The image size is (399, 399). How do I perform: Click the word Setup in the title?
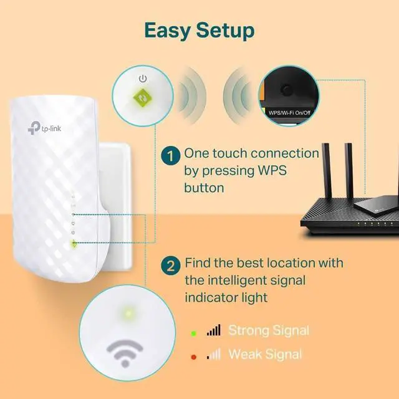tap(225, 29)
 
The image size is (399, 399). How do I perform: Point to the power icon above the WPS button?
tap(143, 79)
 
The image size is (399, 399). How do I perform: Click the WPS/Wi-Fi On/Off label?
tap(289, 113)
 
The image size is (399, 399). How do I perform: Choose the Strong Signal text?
tap(269, 330)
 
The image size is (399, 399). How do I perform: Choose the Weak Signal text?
tap(265, 355)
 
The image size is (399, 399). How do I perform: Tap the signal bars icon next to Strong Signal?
tap(213, 330)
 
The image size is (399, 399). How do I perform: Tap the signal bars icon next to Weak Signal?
tap(213, 355)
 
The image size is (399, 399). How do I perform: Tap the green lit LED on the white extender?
tap(74, 244)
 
